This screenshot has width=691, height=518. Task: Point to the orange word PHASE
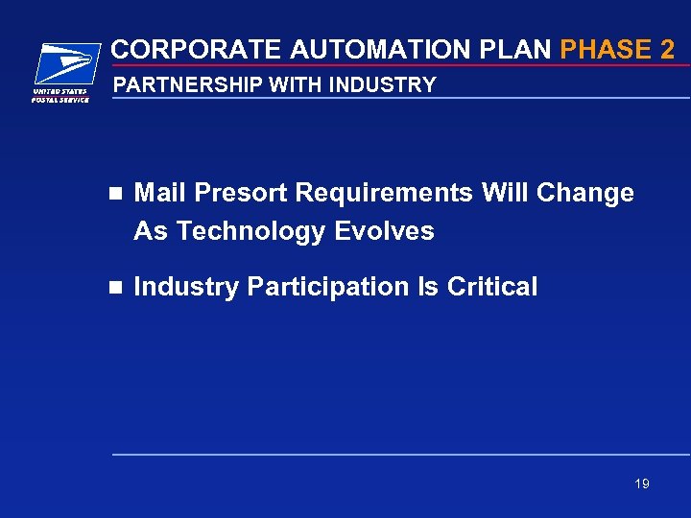pos(602,49)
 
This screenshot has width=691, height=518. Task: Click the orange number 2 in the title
pos(668,49)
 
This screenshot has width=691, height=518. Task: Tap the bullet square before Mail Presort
pos(116,193)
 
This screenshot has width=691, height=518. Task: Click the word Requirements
pos(385,193)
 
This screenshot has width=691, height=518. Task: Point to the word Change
pos(585,193)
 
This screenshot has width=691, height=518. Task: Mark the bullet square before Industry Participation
pos(116,287)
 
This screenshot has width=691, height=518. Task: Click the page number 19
pos(641,483)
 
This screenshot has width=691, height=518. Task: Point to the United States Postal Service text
pos(61,96)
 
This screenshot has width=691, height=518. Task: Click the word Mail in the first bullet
pos(158,193)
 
